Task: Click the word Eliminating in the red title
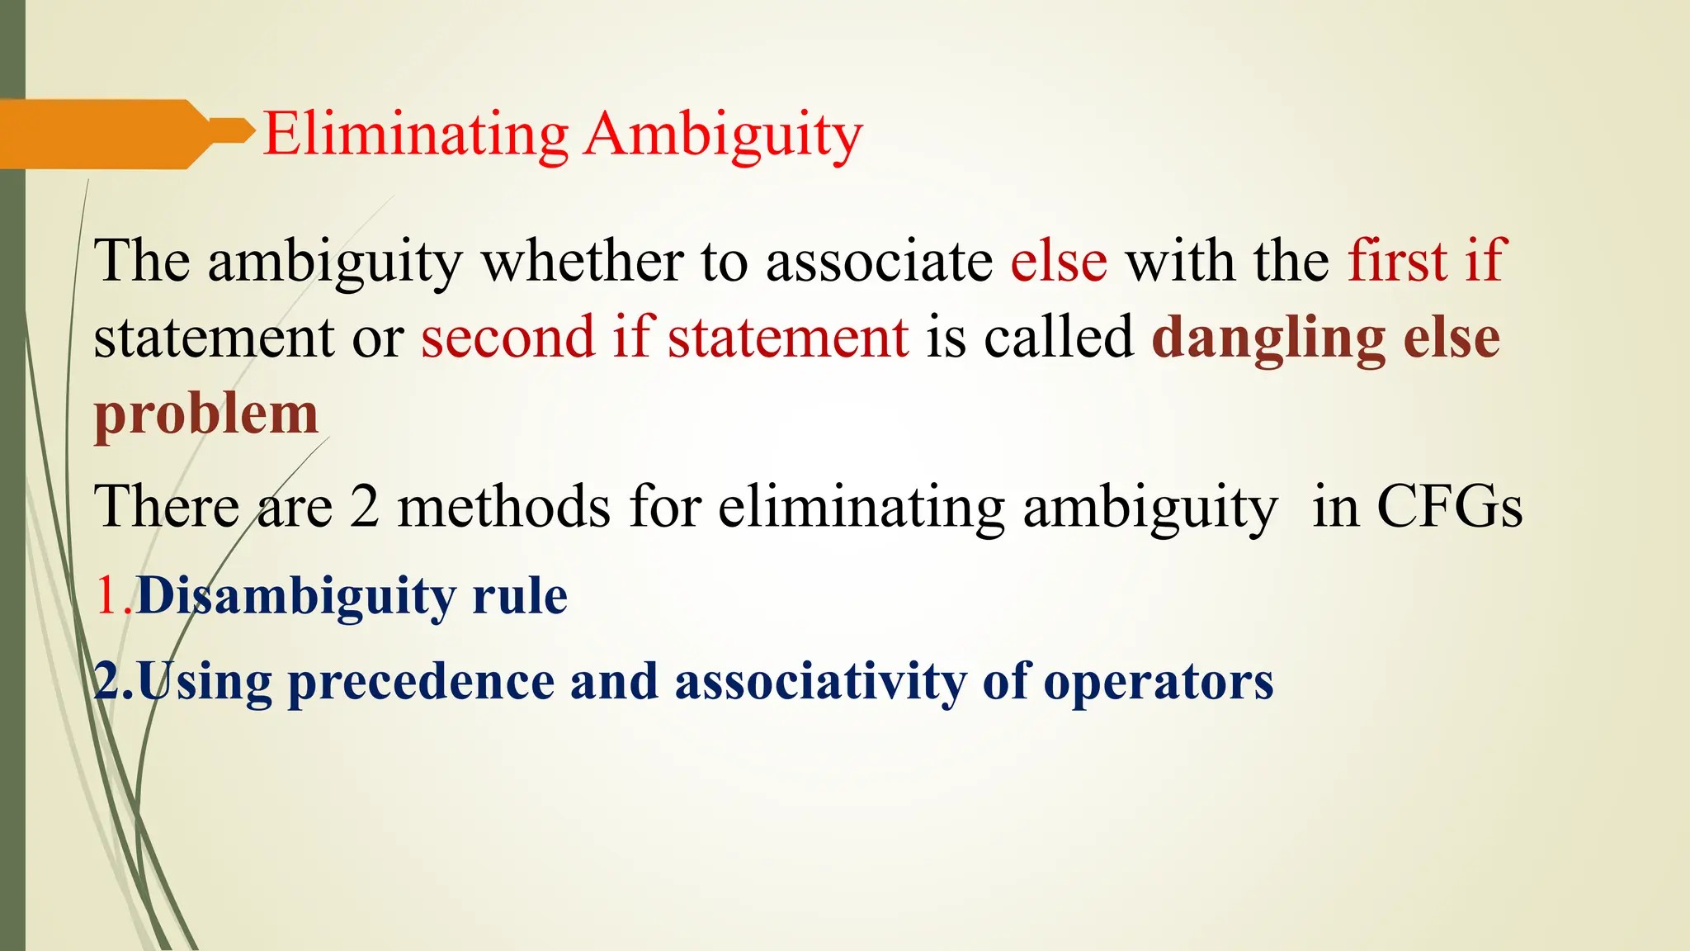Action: click(x=415, y=134)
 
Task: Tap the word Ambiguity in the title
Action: click(x=724, y=135)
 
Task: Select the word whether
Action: click(x=582, y=261)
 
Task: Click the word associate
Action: click(x=879, y=261)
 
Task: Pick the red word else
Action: click(x=1059, y=261)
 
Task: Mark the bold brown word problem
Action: click(x=206, y=414)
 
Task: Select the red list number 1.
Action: click(x=107, y=595)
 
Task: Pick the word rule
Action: click(x=520, y=595)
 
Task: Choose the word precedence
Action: click(x=421, y=683)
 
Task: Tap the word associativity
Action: click(x=821, y=683)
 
